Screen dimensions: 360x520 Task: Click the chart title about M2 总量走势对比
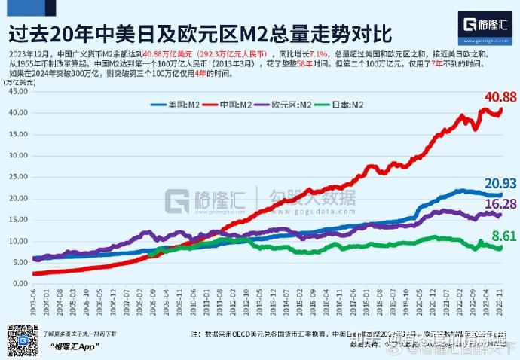coord(200,32)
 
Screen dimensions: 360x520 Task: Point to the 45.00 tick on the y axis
coord(16,91)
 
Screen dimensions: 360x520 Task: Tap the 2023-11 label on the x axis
coord(500,301)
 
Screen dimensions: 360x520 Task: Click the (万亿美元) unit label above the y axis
coord(17,81)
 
